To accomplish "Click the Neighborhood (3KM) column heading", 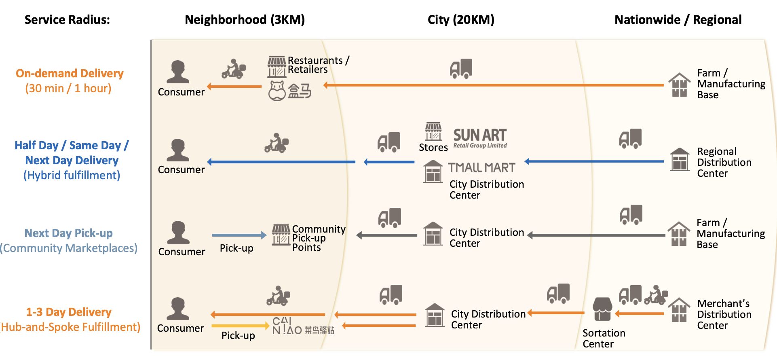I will point(245,20).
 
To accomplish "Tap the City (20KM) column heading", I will point(461,20).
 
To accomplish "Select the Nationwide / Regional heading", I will point(678,20).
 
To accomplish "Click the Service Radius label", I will point(67,20).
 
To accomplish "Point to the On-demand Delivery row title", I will point(70,74).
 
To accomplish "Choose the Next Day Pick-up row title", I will point(69,233).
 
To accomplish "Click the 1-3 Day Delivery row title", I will point(69,312).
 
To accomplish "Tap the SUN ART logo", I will point(480,138).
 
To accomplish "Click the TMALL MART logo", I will point(481,167).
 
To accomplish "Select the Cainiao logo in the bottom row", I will point(302,326).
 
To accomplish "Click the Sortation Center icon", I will point(602,309).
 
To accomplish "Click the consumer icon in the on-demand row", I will point(178,72).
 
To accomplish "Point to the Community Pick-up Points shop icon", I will point(281,235).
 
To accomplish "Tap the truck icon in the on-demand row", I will point(461,68).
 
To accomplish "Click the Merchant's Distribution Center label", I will point(724,314).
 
